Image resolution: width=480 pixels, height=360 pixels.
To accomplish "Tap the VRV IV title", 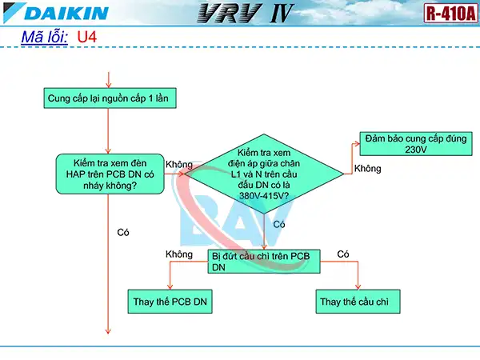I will (x=238, y=14).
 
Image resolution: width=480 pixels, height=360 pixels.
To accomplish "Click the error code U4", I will (x=87, y=38).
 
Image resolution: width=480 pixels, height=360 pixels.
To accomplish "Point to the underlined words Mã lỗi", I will (x=44, y=38).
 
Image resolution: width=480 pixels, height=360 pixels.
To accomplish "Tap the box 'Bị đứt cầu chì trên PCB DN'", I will (x=264, y=262).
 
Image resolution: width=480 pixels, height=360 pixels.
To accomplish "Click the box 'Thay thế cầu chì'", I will (x=358, y=302).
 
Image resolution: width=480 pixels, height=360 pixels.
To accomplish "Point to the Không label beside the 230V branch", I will (x=367, y=169).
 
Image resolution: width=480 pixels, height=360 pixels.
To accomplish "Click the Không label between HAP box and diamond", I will (x=178, y=164).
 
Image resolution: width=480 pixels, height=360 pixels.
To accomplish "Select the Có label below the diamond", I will (x=279, y=225).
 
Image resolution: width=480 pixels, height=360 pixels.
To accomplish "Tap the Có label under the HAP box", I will (x=123, y=232).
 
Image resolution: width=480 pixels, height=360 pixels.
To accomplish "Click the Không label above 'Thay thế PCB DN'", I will (x=179, y=254).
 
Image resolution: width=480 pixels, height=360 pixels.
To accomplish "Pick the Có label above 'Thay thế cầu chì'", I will (x=344, y=254).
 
